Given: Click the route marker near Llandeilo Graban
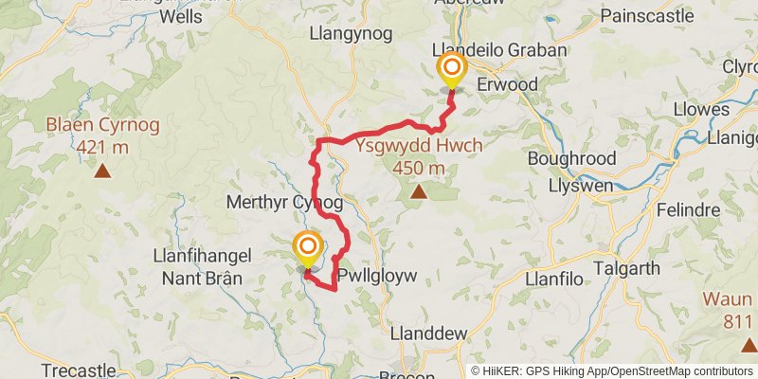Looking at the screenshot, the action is click(x=452, y=69).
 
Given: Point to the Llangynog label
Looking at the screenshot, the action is click(x=352, y=33).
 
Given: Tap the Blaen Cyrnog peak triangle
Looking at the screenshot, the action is click(x=102, y=171).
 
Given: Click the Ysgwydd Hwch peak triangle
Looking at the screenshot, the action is click(x=418, y=191).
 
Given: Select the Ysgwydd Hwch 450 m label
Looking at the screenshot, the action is click(x=420, y=156).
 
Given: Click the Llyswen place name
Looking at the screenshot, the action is click(x=578, y=186).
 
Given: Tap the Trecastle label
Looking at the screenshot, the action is click(x=79, y=370).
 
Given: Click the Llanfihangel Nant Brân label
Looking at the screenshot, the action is click(x=198, y=266).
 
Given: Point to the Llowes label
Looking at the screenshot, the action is click(x=698, y=108).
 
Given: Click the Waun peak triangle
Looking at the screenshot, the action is click(x=749, y=347).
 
